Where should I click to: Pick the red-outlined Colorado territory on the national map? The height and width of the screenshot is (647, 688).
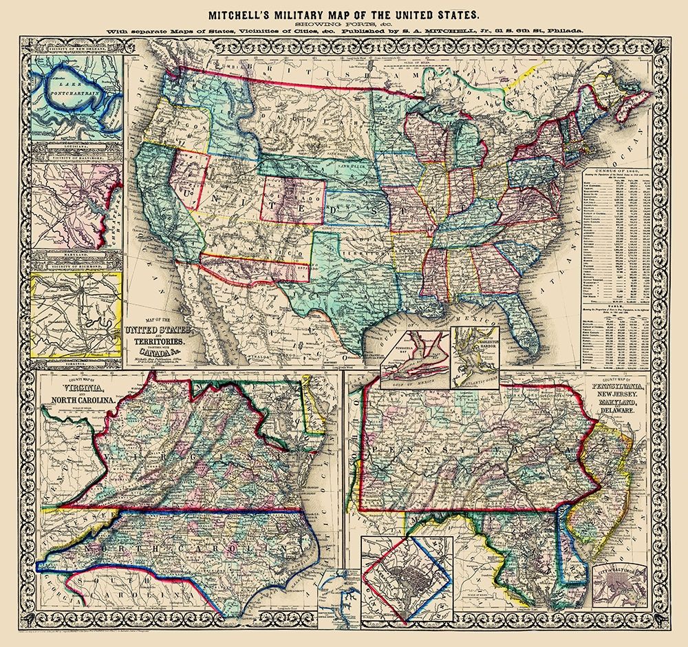294,199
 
